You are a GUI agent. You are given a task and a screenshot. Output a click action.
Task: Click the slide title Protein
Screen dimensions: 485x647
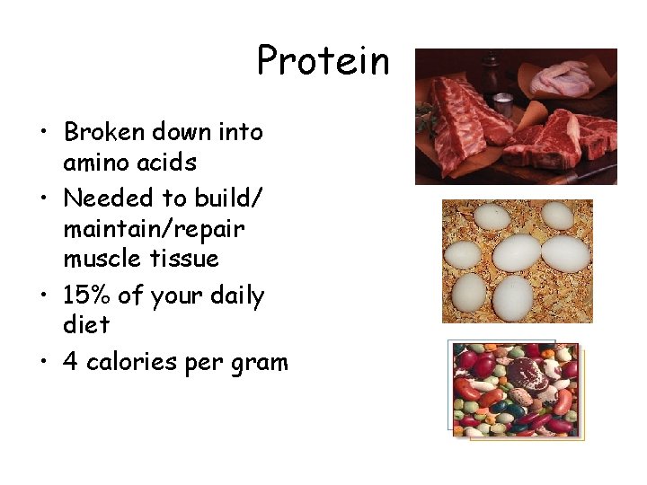[x=323, y=61]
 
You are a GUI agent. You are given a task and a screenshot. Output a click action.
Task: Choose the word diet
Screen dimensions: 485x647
[x=86, y=323]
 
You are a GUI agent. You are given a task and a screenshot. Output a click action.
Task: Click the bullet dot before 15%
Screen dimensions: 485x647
[x=45, y=296]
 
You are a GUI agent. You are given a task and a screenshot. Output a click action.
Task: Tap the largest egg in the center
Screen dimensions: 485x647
[x=516, y=252]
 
